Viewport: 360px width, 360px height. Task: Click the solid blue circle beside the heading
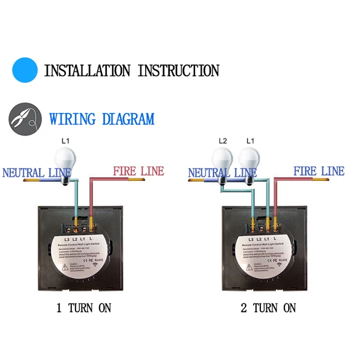point(25,70)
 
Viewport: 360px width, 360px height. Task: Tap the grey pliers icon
point(25,118)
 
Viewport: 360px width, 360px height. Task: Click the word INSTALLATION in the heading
point(88,70)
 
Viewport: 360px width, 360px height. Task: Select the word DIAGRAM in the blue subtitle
point(128,119)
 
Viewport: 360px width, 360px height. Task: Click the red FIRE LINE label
point(138,172)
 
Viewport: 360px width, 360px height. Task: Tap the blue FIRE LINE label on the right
point(319,172)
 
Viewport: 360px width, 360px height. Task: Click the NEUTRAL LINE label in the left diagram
point(37,173)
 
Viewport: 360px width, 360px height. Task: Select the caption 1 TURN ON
point(83,308)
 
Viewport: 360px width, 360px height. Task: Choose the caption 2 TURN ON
point(268,308)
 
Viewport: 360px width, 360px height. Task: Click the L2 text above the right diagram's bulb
point(223,141)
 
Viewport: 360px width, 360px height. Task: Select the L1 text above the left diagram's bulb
point(67,141)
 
